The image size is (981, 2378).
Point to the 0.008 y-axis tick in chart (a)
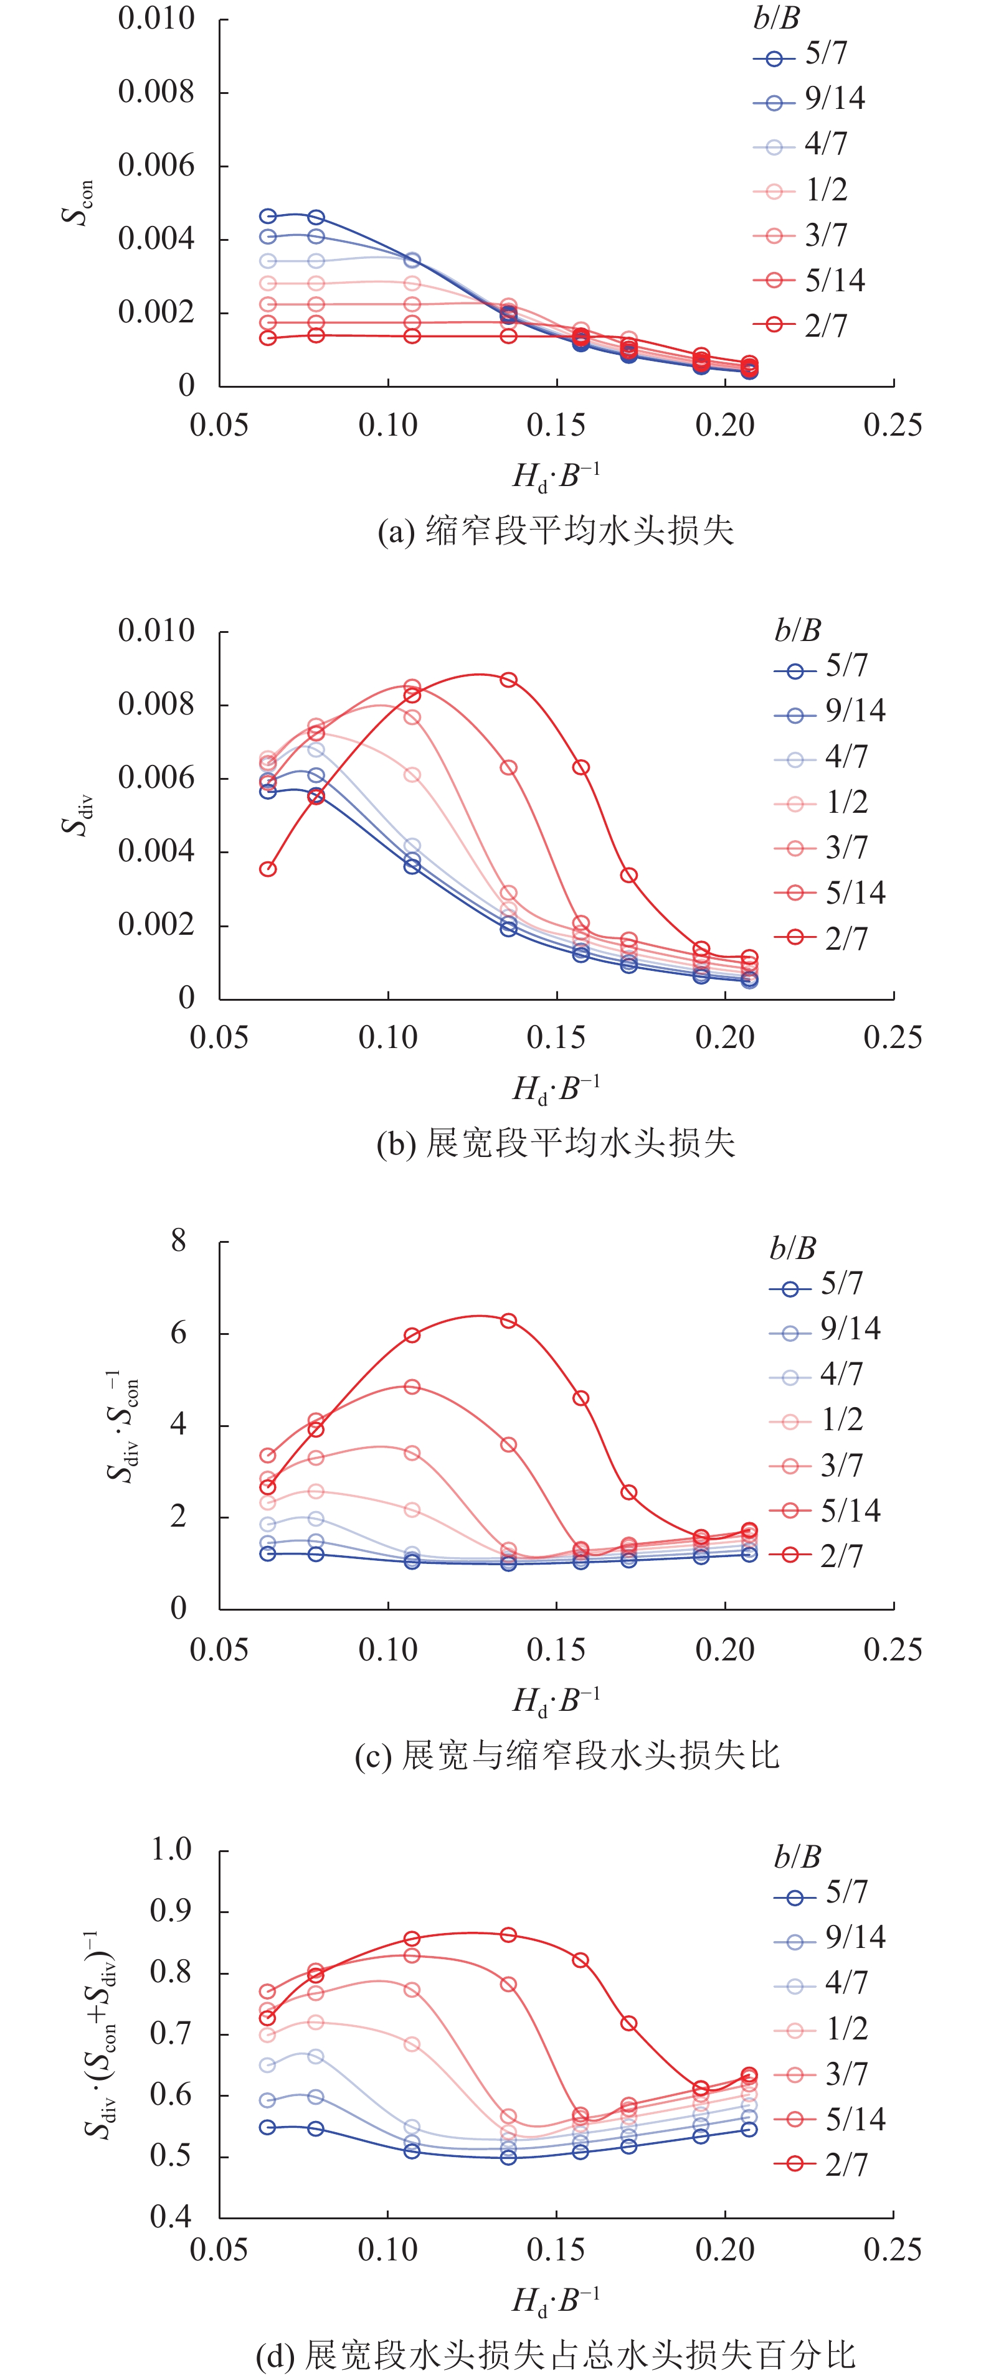point(156,91)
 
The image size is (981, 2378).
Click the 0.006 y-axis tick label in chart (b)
point(156,777)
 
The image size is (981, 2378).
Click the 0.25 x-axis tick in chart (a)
point(893,426)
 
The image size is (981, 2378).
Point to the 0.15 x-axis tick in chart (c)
point(556,1650)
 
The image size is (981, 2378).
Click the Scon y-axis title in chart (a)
point(78,201)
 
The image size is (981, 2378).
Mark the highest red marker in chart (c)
point(508,1321)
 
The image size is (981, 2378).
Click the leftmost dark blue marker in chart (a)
point(268,216)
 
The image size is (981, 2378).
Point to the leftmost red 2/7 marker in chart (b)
point(268,869)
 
